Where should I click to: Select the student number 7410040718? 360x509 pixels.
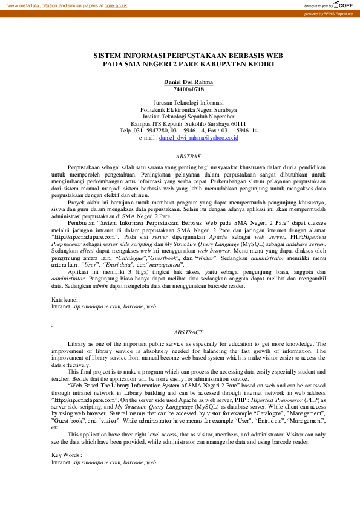[x=188, y=89]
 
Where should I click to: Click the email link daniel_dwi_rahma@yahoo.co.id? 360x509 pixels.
[x=198, y=138]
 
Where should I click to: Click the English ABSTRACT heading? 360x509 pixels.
[x=188, y=332]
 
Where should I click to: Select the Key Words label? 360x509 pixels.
[x=66, y=454]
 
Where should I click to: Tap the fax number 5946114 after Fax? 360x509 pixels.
[x=245, y=131]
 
